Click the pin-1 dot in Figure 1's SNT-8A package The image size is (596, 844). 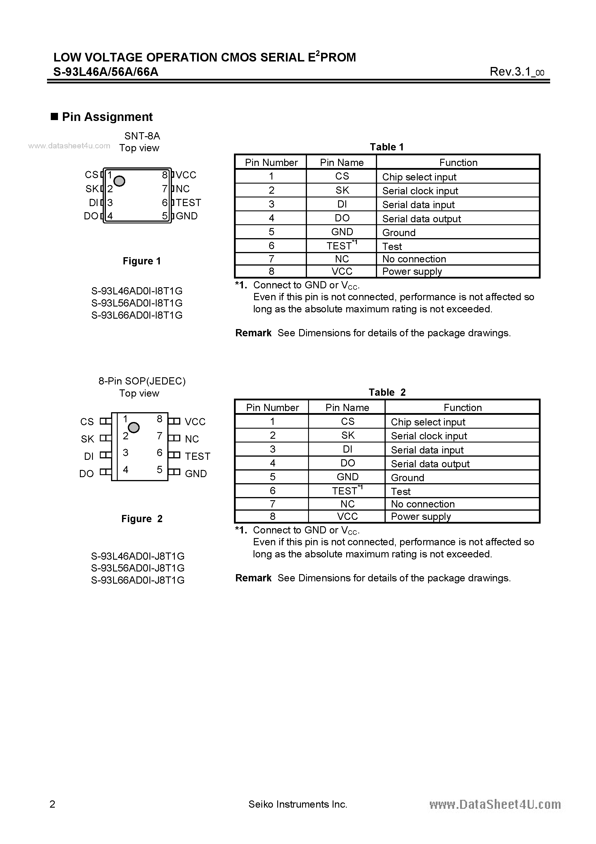tap(119, 181)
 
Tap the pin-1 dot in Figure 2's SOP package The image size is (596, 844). tap(134, 427)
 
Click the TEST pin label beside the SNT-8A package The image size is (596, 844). tap(188, 203)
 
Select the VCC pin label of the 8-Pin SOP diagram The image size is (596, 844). tap(195, 422)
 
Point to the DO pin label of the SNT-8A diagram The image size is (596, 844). tap(91, 216)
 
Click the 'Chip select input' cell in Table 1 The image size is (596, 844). tap(419, 177)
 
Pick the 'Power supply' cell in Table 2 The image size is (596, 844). tap(421, 516)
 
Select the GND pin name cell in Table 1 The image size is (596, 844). tap(342, 232)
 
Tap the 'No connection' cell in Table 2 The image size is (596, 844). tap(423, 504)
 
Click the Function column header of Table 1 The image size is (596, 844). tap(458, 163)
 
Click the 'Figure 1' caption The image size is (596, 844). tap(142, 261)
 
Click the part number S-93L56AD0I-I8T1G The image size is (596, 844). tap(137, 303)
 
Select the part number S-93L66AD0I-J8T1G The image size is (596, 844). tap(138, 580)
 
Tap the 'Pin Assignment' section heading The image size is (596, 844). tap(107, 117)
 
